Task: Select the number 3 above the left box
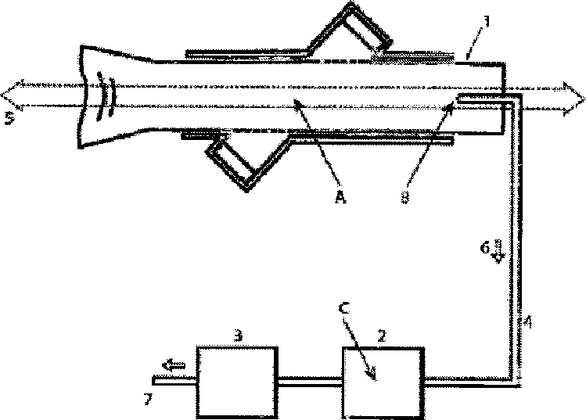(x=240, y=334)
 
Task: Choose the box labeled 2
(x=382, y=379)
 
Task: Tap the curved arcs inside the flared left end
(x=103, y=96)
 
